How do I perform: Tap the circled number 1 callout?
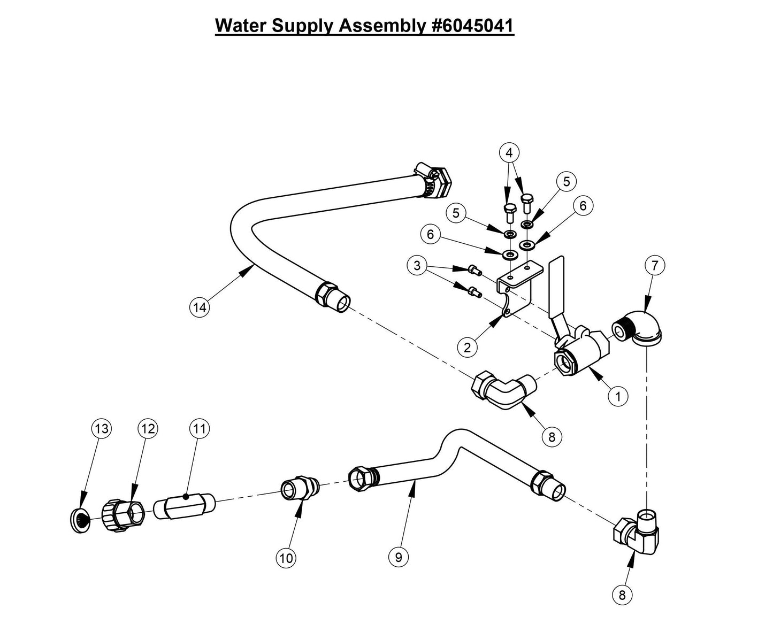618,396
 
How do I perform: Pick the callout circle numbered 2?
467,347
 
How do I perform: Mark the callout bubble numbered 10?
286,558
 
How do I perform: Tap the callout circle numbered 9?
398,557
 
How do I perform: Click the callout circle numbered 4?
509,152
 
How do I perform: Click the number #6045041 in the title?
472,25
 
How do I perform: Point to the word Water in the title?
241,25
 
